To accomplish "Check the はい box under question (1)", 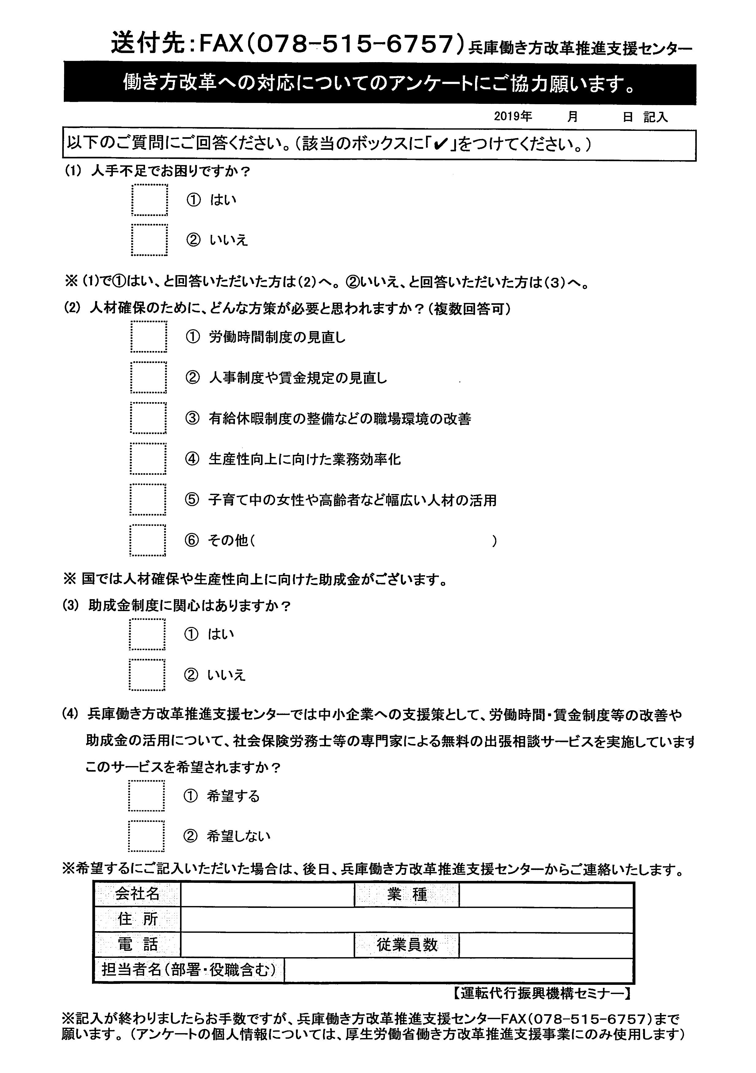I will pos(150,200).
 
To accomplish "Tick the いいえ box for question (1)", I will pos(150,240).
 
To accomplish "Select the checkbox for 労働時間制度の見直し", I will pos(149,337).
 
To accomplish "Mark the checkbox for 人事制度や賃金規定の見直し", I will pos(149,378).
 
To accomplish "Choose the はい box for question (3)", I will pos(147,634).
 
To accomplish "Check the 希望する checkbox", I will pos(146,796).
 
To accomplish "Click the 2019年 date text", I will pos(513,116).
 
